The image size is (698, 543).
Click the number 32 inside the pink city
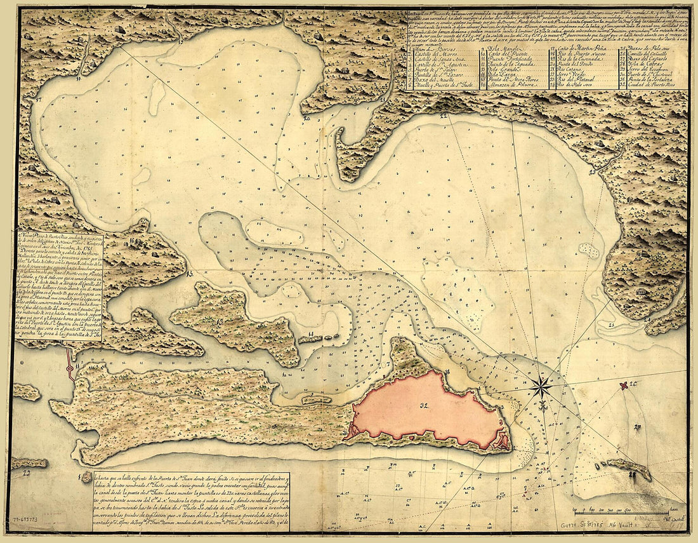point(423,404)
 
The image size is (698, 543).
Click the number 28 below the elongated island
point(631,474)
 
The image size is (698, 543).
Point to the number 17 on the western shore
point(39,100)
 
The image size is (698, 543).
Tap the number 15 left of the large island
point(190,274)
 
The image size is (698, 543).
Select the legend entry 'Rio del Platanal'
point(580,77)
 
